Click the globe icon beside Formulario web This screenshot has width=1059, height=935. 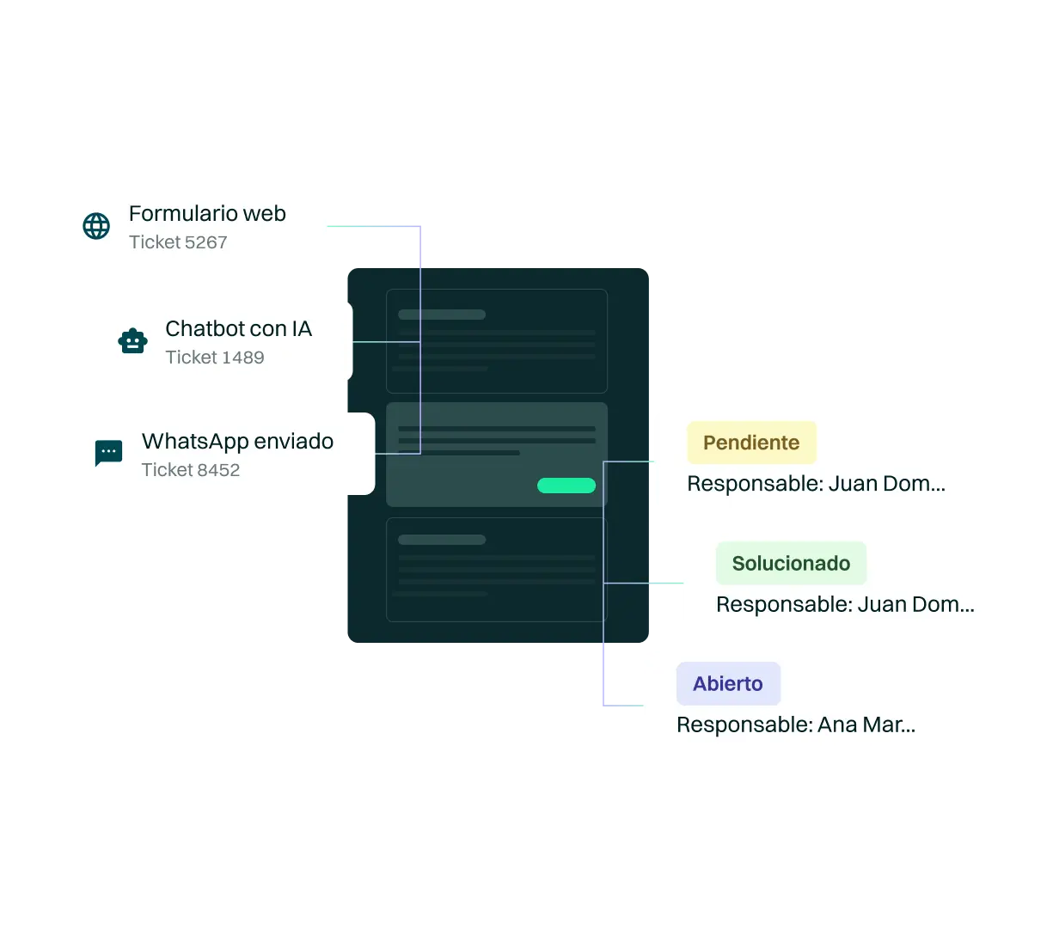pos(96,227)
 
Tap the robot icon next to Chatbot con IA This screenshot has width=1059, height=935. pos(132,341)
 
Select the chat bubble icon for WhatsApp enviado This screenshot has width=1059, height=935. pos(108,453)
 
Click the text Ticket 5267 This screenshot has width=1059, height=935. pos(178,242)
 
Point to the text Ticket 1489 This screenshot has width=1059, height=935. pos(214,357)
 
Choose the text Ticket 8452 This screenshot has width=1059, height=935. pos(190,470)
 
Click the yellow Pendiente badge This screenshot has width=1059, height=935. pos(751,443)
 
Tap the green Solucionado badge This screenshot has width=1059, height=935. pos(791,564)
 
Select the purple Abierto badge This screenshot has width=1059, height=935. pos(728,684)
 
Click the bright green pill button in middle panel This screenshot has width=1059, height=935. pos(566,486)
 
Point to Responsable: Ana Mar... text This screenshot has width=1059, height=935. pos(795,724)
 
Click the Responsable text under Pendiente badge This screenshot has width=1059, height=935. pos(816,484)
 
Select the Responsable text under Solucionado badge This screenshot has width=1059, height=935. pos(844,604)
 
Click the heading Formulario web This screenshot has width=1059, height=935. pos(207,213)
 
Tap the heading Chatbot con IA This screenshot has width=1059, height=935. pos(238,328)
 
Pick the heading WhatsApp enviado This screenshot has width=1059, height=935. pos(237,441)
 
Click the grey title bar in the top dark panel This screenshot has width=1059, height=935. pos(442,315)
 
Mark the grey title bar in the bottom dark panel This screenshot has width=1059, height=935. pos(442,540)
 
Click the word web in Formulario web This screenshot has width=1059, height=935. pos(264,213)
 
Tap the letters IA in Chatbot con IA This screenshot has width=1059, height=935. pos(301,328)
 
